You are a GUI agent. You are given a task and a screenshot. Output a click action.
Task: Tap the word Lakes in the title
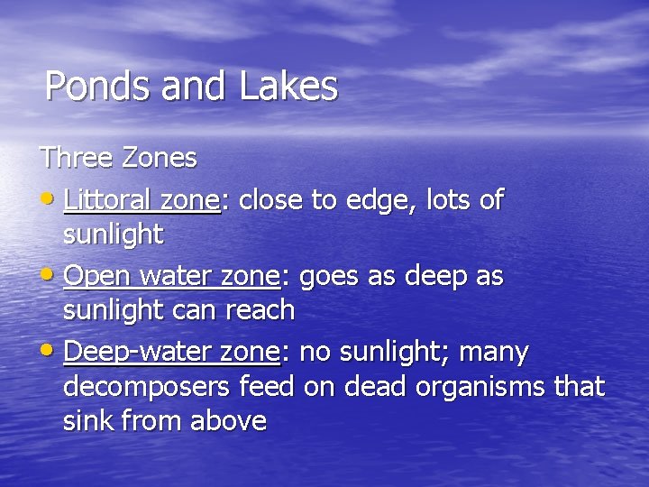288,87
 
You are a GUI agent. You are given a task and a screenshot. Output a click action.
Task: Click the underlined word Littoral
107,199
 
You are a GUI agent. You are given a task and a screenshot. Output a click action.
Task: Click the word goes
330,276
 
